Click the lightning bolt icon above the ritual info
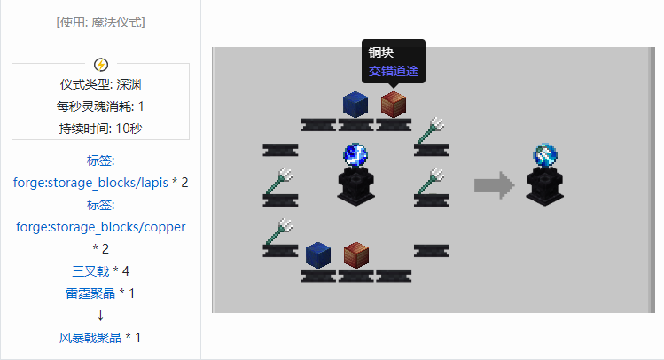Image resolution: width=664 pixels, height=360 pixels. coord(101,64)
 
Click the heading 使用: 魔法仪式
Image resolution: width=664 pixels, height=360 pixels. coord(100,22)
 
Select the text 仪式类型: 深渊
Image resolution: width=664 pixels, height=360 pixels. coord(100,85)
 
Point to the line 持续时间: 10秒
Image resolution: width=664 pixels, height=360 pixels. coord(100,128)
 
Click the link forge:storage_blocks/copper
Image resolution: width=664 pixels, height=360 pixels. coord(101,227)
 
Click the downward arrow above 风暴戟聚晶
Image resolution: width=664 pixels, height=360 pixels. coord(100,315)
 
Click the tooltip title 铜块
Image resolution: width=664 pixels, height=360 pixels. coord(381,53)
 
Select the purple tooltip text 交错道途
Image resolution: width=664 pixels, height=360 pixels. coord(394,71)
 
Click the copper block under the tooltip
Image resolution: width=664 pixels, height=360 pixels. coord(393,105)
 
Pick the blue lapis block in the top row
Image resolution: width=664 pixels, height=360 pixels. coord(355,104)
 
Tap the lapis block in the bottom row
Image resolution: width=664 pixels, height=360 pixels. coord(316,255)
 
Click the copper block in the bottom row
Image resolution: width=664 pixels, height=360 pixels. coord(355,255)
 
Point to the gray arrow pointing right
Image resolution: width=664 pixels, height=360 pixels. coord(494,185)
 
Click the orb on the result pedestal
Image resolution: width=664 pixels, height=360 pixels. coord(544,155)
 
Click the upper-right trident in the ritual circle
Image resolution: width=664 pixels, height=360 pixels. coord(433,130)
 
